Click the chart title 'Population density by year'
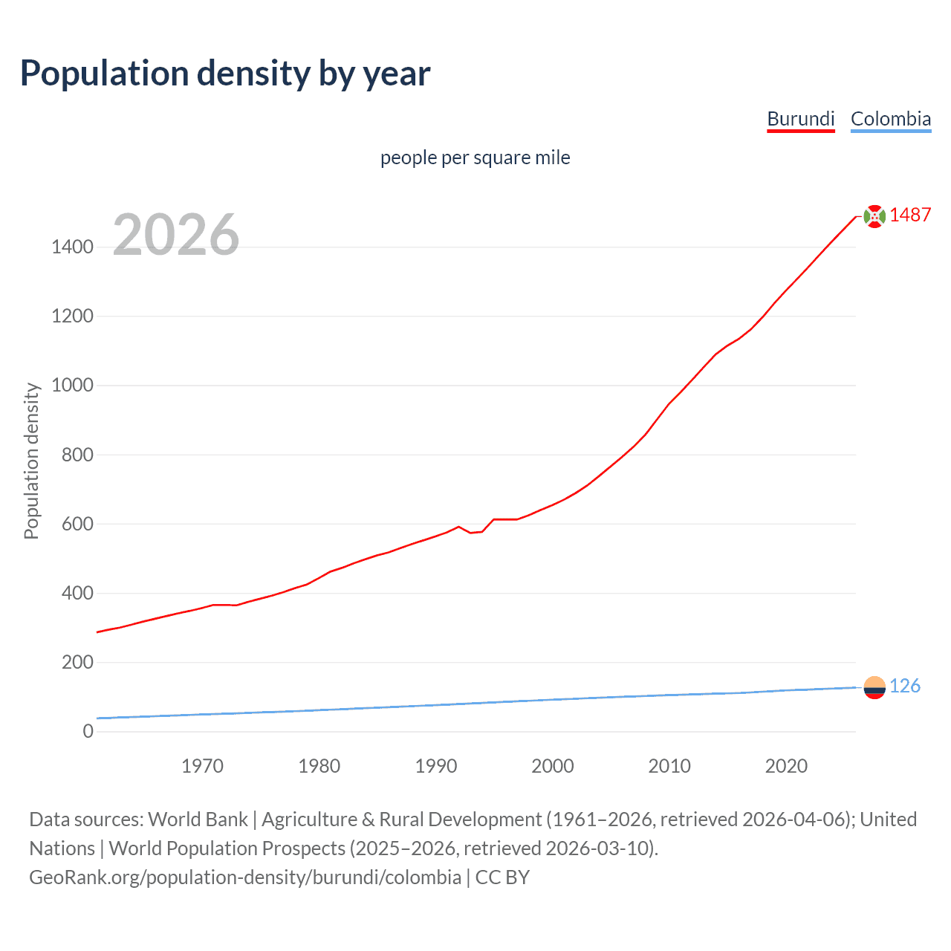click(225, 73)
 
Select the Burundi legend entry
click(800, 119)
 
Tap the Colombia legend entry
click(890, 119)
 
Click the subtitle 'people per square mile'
click(475, 158)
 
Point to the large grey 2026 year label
click(176, 235)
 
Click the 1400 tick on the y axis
click(72, 247)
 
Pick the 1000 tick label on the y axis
click(72, 385)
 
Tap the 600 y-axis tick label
click(77, 524)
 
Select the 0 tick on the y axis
click(88, 731)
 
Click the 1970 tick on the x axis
click(202, 766)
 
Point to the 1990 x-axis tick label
click(436, 766)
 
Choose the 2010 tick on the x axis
click(669, 766)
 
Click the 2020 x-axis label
click(786, 766)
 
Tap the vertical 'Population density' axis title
click(31, 461)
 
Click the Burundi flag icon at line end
click(874, 215)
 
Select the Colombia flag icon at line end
click(874, 687)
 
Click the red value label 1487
click(910, 215)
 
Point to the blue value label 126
click(904, 686)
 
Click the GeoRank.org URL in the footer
click(245, 877)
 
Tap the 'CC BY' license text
click(502, 877)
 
